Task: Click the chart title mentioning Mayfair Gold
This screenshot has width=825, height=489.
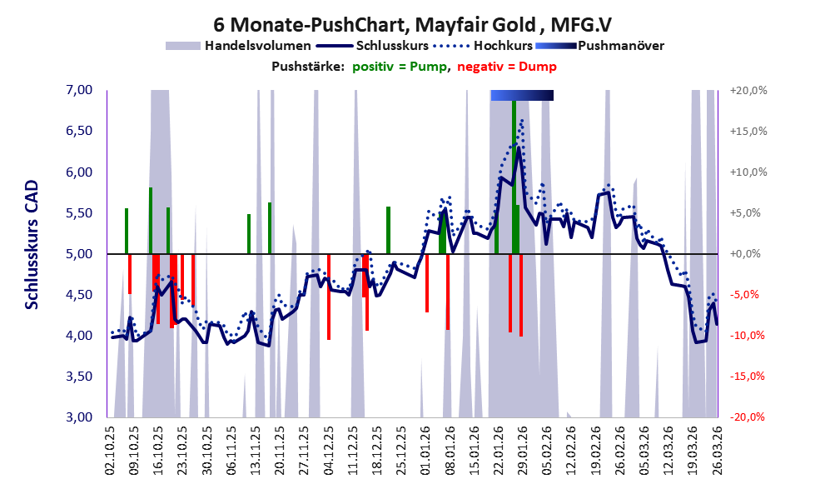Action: coord(413,25)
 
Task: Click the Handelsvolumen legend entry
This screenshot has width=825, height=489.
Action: coord(238,46)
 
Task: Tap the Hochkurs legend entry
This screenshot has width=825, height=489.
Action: coord(483,46)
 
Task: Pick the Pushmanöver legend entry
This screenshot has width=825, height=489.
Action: coord(599,46)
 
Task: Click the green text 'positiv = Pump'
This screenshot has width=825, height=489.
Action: coord(400,67)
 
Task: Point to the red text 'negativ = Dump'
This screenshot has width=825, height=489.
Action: coord(507,67)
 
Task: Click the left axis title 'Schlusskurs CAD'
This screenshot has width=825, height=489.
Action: coord(32,245)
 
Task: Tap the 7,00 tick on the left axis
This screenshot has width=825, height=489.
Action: coord(79,90)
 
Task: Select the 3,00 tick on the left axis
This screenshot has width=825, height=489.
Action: coord(79,417)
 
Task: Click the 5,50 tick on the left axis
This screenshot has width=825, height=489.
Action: coord(79,212)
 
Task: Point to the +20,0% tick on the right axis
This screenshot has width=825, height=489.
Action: coord(748,91)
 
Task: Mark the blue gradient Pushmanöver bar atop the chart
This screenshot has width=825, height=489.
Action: coord(522,95)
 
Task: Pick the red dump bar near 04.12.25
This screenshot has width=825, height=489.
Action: coord(328,297)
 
